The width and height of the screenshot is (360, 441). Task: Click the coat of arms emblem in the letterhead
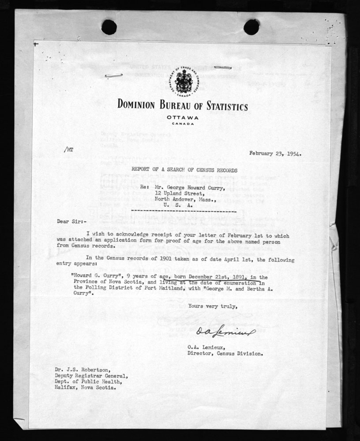[182, 81]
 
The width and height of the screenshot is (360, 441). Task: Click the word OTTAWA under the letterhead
[183, 117]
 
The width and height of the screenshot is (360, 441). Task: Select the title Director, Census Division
[225, 353]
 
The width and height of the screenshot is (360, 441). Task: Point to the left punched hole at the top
[109, 27]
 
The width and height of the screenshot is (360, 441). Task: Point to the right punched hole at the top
[251, 27]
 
